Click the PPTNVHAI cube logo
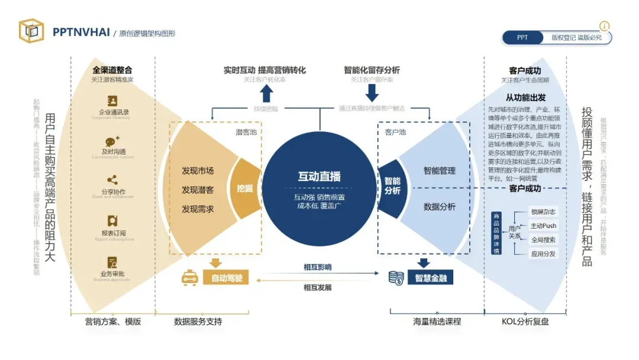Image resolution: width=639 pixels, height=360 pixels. pyautogui.click(x=31, y=31)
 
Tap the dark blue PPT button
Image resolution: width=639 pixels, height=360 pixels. pyautogui.click(x=522, y=38)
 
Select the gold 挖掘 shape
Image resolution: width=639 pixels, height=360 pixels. pyautogui.click(x=246, y=188)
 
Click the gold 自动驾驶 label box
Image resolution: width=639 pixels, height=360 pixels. pyautogui.click(x=223, y=278)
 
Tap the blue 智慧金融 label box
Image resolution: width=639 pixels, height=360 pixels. pyautogui.click(x=430, y=278)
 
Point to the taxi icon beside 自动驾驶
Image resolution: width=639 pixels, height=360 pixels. pyautogui.click(x=189, y=277)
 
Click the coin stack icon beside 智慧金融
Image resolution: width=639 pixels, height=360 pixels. pyautogui.click(x=396, y=277)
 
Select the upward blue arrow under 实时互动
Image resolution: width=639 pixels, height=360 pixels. pyautogui.click(x=266, y=93)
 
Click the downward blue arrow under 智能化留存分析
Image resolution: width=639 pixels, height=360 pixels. pyautogui.click(x=372, y=93)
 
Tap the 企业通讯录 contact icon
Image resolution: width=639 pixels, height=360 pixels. pyautogui.click(x=112, y=101)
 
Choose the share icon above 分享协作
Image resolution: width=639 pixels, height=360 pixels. pyautogui.click(x=112, y=180)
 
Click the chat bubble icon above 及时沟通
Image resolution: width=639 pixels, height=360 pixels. pyautogui.click(x=112, y=142)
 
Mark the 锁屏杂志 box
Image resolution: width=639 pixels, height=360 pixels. pyautogui.click(x=544, y=212)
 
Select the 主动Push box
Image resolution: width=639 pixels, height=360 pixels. pyautogui.click(x=544, y=226)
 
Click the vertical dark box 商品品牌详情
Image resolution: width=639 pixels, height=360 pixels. pyautogui.click(x=496, y=233)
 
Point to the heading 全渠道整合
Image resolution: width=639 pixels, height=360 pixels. pyautogui.click(x=112, y=70)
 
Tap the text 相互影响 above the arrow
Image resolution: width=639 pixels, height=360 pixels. pyautogui.click(x=317, y=267)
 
